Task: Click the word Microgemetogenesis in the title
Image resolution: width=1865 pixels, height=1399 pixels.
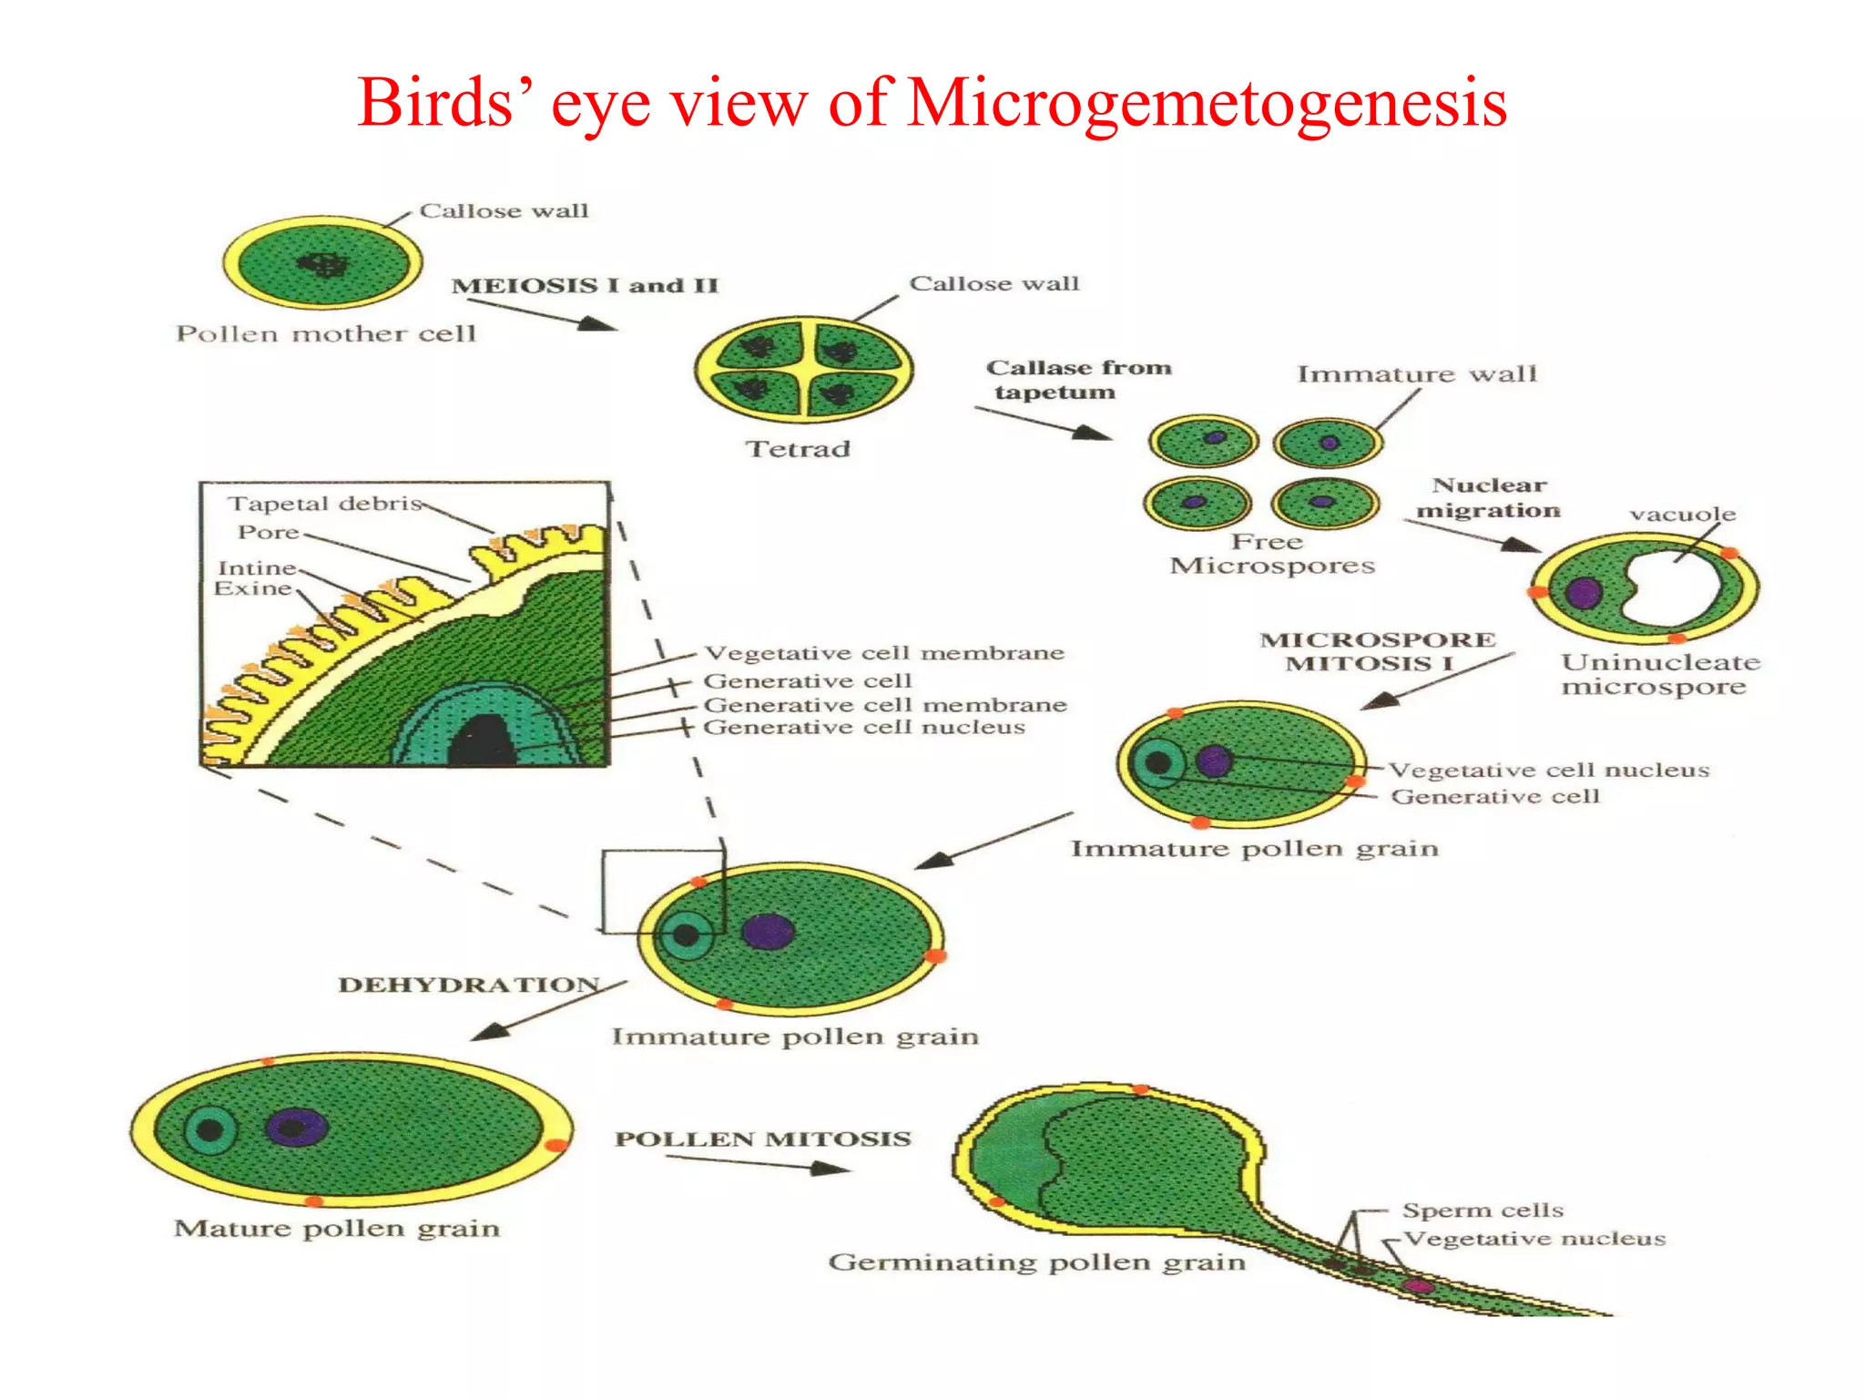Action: [1207, 102]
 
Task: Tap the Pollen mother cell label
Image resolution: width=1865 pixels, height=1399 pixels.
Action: [326, 334]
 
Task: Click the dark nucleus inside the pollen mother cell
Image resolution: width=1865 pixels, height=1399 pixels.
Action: [322, 264]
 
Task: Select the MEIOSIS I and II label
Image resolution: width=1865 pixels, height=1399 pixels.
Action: [585, 285]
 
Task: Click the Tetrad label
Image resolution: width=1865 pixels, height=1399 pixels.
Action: [798, 448]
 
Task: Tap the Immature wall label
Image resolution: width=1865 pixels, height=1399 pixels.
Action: [1416, 373]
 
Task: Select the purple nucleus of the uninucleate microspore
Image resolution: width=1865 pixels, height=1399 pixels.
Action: [1583, 593]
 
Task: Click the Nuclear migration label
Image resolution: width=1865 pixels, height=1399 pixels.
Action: [1489, 497]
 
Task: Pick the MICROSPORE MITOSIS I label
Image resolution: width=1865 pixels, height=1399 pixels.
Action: [1377, 651]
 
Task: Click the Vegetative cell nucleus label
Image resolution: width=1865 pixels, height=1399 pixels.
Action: [1548, 770]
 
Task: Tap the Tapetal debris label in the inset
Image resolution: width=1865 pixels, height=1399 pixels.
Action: [325, 504]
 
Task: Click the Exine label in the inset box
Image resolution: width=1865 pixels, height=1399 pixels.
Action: [252, 588]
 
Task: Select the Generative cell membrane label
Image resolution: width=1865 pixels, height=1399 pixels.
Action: [884, 705]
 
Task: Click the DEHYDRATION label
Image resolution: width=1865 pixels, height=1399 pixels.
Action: [468, 985]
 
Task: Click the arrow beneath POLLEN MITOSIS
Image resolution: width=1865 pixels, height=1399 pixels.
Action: [756, 1163]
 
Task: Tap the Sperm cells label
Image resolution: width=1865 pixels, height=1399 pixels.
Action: [1483, 1210]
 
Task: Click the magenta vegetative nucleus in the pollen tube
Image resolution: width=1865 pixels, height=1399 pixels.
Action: [1417, 1286]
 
